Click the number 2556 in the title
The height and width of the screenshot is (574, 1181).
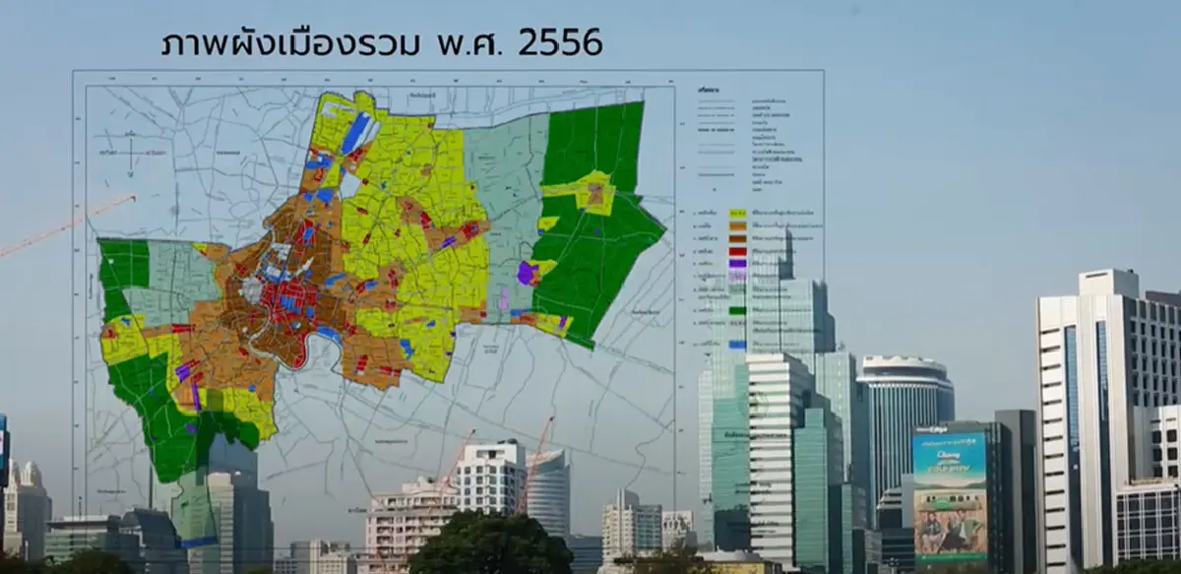pos(557,42)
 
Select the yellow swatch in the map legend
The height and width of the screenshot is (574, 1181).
pos(737,214)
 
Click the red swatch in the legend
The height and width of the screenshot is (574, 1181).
pos(737,252)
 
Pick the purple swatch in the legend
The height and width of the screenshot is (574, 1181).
pos(737,264)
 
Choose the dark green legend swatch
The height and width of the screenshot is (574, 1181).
pos(737,311)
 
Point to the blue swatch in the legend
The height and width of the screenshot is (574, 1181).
pos(737,344)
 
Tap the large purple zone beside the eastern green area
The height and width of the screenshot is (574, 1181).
pos(528,273)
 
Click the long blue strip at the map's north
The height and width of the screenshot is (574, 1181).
pos(355,133)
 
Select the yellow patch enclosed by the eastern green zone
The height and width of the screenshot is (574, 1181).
pos(590,191)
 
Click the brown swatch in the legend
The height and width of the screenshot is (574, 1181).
pos(737,239)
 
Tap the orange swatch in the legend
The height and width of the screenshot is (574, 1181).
pos(737,226)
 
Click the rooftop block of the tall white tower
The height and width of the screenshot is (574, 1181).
pos(1108,283)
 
